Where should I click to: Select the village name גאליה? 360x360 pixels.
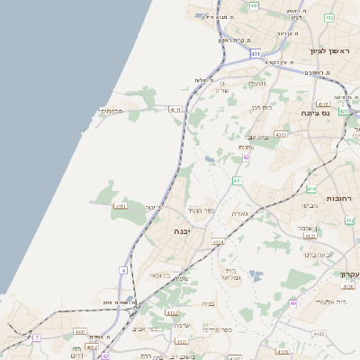(239, 213)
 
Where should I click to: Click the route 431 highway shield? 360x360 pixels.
(256, 54)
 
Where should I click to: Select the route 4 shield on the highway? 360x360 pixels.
(122, 269)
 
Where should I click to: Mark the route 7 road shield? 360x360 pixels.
(37, 337)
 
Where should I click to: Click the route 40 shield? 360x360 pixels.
(293, 303)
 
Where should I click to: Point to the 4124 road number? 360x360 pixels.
(218, 242)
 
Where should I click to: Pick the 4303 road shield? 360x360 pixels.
(281, 134)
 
